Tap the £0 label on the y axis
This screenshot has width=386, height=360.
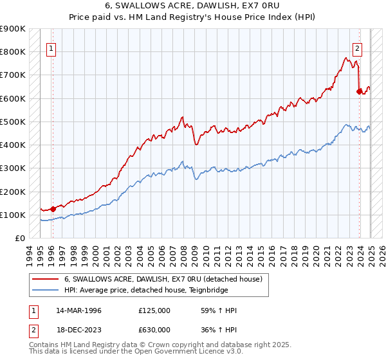tap(21, 238)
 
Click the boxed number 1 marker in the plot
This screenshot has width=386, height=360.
tap(51, 47)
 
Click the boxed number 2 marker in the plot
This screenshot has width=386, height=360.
tap(357, 47)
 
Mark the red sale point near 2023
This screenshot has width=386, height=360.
tap(359, 91)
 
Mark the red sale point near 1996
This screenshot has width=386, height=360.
tap(53, 208)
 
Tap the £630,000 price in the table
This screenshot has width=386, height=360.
tap(154, 330)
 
